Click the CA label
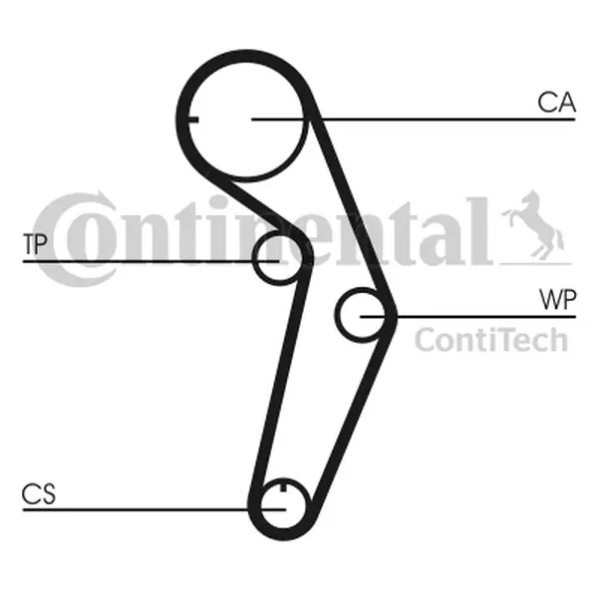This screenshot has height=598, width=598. pos(555,103)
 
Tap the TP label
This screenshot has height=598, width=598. pos(37,243)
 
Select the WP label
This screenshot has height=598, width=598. pos(555,298)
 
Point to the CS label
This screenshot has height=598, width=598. pos(39,493)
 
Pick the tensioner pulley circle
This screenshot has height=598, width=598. pos(272,259)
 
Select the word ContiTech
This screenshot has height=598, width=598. pos(489,340)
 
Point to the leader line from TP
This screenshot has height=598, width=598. pos(149,261)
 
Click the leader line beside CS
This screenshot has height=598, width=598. pos(149,508)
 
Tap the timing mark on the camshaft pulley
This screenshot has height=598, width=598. pos(193,121)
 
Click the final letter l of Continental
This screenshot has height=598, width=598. pos(481,228)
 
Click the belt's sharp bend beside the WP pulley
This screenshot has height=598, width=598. pos(393,314)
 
